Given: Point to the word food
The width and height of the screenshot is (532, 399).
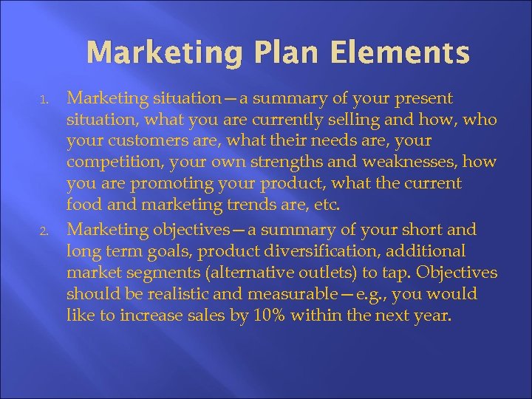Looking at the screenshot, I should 82,204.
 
